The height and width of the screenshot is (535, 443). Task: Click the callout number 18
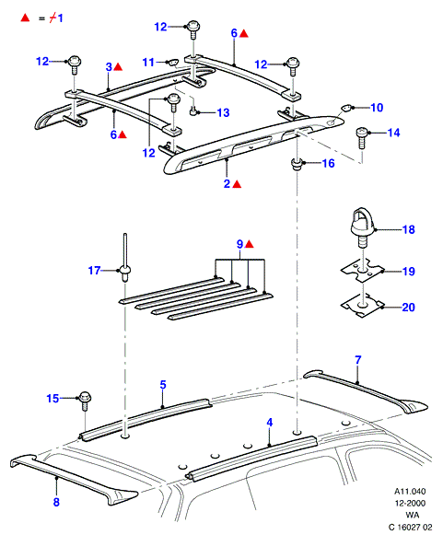click(x=409, y=229)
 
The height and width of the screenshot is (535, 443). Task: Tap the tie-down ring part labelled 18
click(x=362, y=227)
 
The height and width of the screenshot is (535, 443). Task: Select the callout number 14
click(x=393, y=133)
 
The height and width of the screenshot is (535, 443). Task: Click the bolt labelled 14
click(x=362, y=137)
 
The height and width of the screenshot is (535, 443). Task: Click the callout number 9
click(x=240, y=244)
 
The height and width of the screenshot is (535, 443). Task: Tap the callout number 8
click(x=56, y=502)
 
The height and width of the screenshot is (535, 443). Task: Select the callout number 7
click(x=357, y=360)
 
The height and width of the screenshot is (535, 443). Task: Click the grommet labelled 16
click(x=296, y=164)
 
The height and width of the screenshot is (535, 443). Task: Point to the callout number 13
click(x=223, y=113)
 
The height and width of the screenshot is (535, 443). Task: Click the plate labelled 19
click(x=363, y=271)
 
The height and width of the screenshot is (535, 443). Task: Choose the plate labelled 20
click(x=363, y=306)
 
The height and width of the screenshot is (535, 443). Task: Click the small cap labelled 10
click(x=346, y=108)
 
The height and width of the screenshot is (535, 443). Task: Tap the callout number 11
click(x=148, y=63)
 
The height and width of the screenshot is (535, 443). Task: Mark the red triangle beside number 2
click(x=237, y=184)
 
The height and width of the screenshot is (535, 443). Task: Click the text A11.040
click(x=410, y=492)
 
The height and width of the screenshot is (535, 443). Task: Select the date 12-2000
click(x=410, y=504)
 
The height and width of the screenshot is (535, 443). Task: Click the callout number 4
click(x=270, y=423)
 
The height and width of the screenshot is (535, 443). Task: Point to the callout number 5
click(x=163, y=385)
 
